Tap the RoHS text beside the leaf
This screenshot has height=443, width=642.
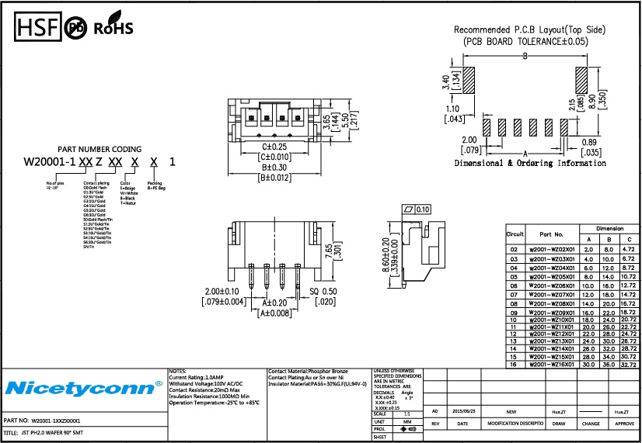point(113,29)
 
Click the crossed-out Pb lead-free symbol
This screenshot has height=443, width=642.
point(76,29)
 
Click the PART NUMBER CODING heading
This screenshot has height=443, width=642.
point(99,149)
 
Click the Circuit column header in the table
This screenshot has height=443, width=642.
point(515,234)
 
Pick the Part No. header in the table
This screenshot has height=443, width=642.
point(551,233)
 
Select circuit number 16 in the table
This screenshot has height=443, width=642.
point(513,364)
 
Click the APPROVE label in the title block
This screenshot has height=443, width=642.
point(624,424)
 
